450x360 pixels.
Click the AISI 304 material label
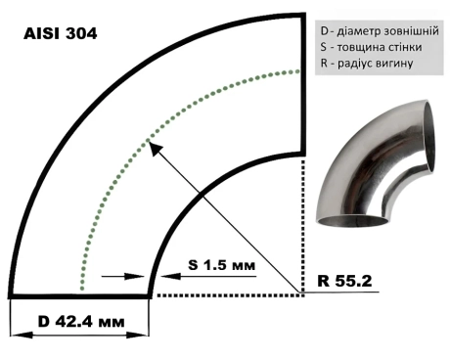pyautogui.click(x=61, y=33)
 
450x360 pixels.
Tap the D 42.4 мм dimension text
pyautogui.click(x=81, y=322)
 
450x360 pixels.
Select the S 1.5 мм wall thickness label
pyautogui.click(x=222, y=265)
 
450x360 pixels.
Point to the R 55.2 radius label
pyautogui.click(x=344, y=281)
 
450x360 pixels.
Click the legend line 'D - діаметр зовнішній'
pyautogui.click(x=380, y=31)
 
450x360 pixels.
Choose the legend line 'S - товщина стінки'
pyautogui.click(x=371, y=47)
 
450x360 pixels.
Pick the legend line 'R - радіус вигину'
pyautogui.click(x=367, y=63)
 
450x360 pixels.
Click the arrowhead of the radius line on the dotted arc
pyautogui.click(x=154, y=148)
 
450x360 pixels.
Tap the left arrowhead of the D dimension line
pyautogui.click(x=22, y=335)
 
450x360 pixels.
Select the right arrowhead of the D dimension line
pyautogui.click(x=138, y=335)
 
